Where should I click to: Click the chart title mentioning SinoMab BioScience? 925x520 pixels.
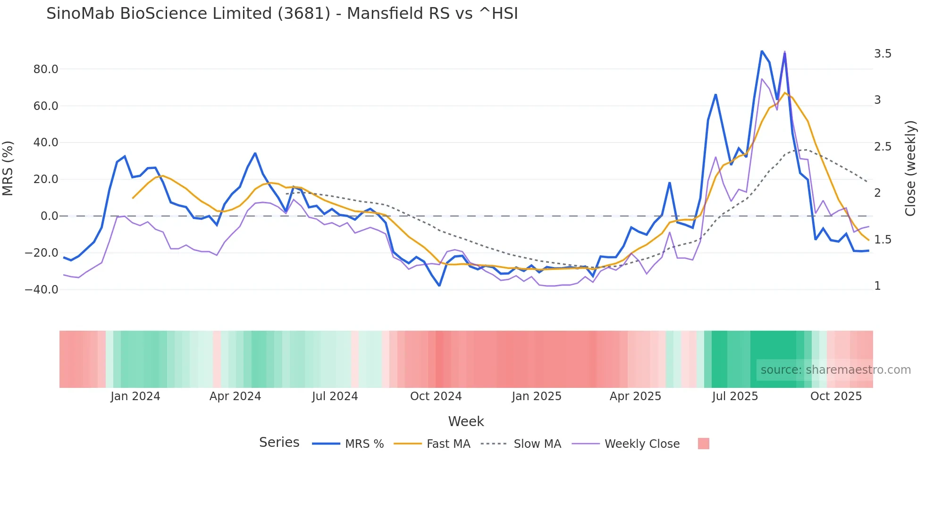coord(282,13)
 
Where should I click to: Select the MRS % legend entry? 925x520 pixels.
coord(364,444)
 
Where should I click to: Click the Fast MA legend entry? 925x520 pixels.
coord(448,444)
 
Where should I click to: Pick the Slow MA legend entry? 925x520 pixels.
coord(537,444)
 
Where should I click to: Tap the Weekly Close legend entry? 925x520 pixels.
coord(642,444)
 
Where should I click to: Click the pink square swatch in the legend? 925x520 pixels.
coord(703,444)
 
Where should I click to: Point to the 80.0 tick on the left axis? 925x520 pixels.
coord(45,69)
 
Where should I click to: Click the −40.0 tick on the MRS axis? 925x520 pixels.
coord(42,290)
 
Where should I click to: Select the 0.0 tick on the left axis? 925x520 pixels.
coord(49,216)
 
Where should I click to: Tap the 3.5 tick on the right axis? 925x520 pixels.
coord(883,54)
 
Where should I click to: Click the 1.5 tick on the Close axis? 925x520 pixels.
coord(883,240)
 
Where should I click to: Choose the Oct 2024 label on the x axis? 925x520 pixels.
coord(436,396)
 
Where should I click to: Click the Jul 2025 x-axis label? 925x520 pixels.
coord(735,396)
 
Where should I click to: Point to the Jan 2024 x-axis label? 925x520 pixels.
coord(135,396)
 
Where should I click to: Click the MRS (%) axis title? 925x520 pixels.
coord(8,168)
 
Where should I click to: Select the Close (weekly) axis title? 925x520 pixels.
coord(910,168)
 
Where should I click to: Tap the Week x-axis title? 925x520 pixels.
coord(466,421)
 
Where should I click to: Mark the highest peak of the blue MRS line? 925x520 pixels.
coord(762,51)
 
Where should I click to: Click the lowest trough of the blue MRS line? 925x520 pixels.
coord(439,285)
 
